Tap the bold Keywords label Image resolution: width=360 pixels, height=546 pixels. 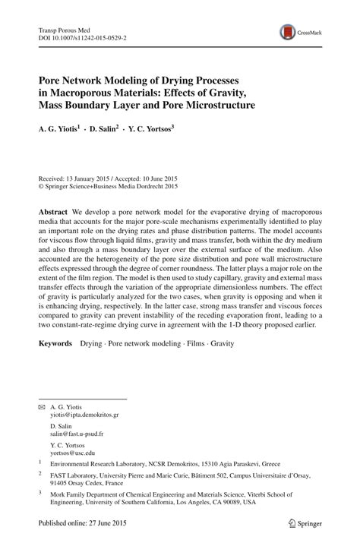point(56,344)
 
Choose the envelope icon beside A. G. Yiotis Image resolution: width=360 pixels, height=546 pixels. point(42,408)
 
